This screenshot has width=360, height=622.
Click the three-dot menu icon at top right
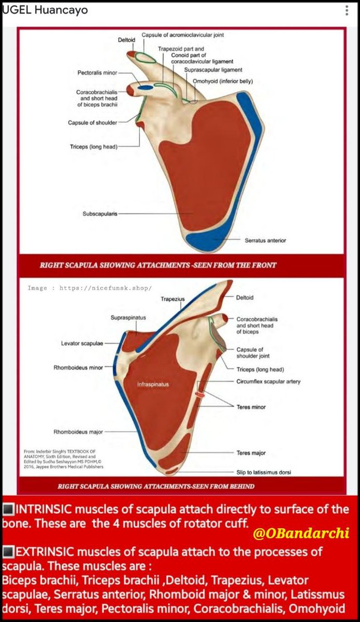347,10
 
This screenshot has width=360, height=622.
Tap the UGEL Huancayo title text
45,10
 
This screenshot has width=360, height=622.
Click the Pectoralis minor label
97,73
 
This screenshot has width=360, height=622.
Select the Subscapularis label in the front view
99,214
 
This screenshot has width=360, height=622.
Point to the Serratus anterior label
265,241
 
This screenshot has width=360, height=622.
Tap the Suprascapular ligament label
213,69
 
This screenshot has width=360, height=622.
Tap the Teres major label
251,453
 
